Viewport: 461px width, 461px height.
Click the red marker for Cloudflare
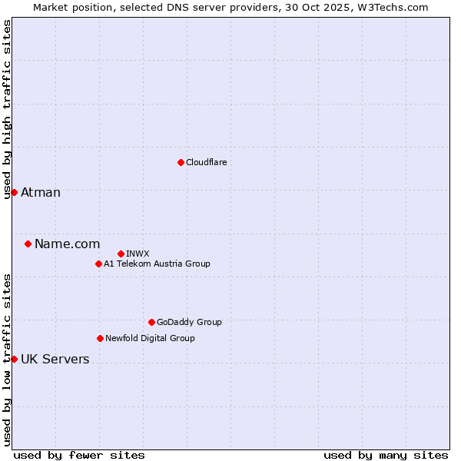pos(181,162)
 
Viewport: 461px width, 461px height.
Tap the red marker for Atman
pos(14,192)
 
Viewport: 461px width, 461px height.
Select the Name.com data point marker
pos(28,244)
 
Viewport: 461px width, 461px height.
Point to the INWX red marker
pos(121,254)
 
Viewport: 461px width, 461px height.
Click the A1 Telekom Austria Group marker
pos(98,264)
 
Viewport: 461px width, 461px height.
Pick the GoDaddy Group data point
pos(151,322)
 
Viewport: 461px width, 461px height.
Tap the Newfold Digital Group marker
pos(100,338)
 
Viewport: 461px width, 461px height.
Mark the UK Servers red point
pos(14,359)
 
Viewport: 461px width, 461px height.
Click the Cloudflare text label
pos(206,162)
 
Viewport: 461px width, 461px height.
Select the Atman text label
pos(41,192)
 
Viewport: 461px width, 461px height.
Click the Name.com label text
pos(67,244)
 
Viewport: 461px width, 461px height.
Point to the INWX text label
pos(138,254)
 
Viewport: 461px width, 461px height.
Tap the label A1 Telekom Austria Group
pos(157,264)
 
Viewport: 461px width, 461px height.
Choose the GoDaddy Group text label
pos(189,322)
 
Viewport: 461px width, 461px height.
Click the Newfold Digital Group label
pos(150,338)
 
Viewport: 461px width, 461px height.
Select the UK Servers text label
pos(55,359)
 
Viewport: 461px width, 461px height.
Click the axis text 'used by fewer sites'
pos(79,455)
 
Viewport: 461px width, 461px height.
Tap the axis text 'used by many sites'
pos(386,455)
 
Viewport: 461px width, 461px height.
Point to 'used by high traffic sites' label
pos(7,109)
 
